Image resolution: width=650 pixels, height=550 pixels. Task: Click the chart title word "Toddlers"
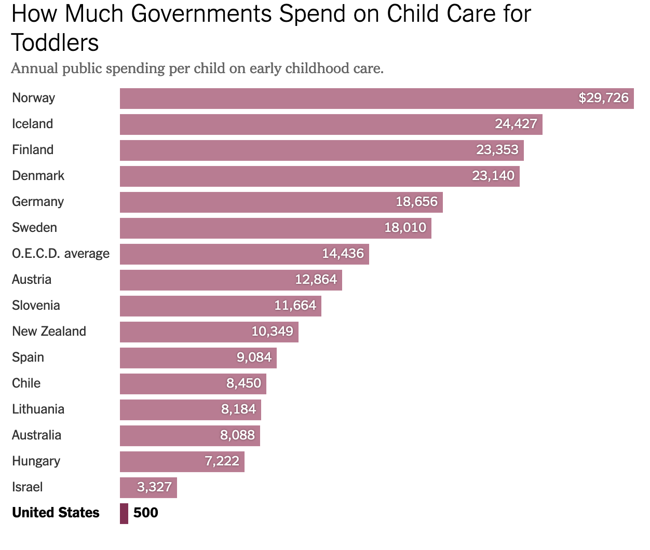[55, 43]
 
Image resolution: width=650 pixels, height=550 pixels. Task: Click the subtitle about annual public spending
[197, 68]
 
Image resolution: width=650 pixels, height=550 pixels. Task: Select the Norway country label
[33, 98]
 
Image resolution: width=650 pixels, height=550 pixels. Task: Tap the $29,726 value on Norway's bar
[603, 98]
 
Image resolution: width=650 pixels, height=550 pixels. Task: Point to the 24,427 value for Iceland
[516, 124]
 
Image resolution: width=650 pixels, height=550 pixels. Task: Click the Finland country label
[33, 150]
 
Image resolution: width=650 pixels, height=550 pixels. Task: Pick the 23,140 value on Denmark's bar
[493, 176]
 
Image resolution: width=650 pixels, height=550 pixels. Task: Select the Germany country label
[38, 202]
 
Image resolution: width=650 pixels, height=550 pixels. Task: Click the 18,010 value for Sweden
[405, 228]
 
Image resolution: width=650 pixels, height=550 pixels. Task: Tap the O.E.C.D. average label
[61, 254]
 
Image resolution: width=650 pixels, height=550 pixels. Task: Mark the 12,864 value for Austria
[316, 280]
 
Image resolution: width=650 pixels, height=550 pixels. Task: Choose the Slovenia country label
[36, 306]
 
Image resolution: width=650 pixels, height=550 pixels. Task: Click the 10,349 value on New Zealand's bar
[272, 332]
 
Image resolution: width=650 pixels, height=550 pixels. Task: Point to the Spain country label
[28, 357]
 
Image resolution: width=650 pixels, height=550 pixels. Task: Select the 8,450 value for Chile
[243, 383]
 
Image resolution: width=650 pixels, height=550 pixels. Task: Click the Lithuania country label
[38, 409]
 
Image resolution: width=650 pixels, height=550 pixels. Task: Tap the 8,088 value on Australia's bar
[237, 435]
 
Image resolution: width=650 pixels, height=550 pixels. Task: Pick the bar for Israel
[148, 488]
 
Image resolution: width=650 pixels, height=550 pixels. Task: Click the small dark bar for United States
[124, 514]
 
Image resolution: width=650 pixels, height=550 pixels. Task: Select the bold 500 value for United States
[145, 513]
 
